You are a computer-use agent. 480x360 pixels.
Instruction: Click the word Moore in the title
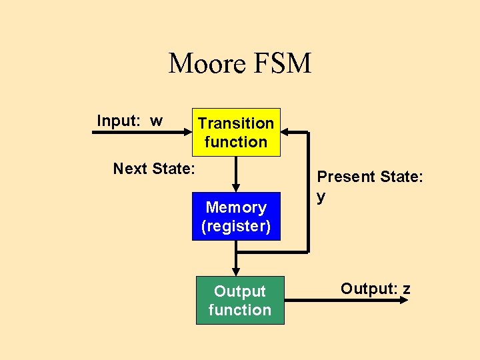(x=208, y=64)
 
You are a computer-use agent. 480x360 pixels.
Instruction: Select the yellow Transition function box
(x=236, y=132)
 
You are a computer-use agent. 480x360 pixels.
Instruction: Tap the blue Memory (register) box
(x=236, y=216)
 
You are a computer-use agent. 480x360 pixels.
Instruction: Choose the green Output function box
(x=240, y=301)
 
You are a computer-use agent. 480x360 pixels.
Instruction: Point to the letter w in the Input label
(x=156, y=121)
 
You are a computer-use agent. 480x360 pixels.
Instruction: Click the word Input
(x=117, y=121)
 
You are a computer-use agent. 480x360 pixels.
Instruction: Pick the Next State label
(x=154, y=169)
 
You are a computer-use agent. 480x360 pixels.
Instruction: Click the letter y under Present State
(x=321, y=197)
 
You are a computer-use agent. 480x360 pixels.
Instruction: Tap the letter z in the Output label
(x=406, y=289)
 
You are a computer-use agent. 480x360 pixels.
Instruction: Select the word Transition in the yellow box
(x=236, y=123)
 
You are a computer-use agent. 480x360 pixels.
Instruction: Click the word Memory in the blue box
(x=236, y=207)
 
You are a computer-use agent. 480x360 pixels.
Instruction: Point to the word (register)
(x=236, y=226)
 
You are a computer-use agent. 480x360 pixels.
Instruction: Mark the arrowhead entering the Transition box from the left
(x=187, y=132)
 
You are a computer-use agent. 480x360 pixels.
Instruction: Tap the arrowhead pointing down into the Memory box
(x=235, y=188)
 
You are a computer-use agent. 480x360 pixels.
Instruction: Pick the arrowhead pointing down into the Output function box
(x=235, y=271)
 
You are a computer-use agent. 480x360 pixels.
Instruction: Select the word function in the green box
(x=240, y=310)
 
